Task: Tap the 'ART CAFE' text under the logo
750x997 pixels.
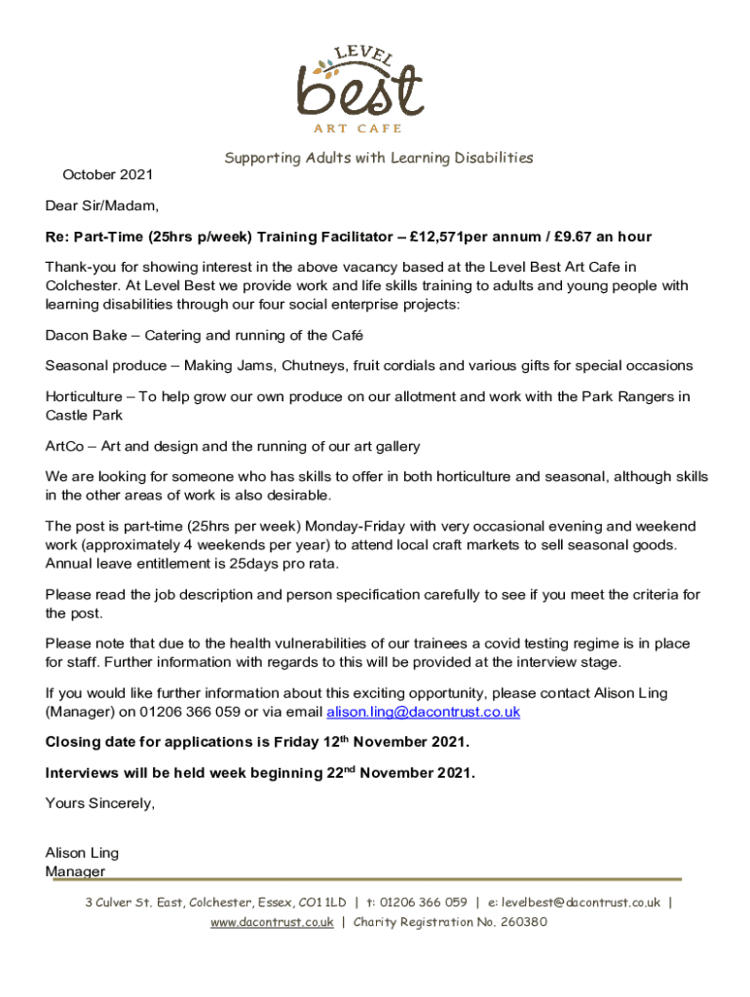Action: point(357,129)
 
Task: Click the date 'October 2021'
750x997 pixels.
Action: point(108,175)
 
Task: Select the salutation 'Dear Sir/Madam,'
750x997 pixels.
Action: point(101,206)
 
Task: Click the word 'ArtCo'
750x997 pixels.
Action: point(64,447)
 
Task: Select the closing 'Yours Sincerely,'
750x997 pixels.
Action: point(100,803)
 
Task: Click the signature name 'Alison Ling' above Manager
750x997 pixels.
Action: point(82,853)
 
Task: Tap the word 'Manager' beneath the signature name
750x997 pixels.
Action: point(75,871)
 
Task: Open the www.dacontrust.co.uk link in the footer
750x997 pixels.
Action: point(272,922)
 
